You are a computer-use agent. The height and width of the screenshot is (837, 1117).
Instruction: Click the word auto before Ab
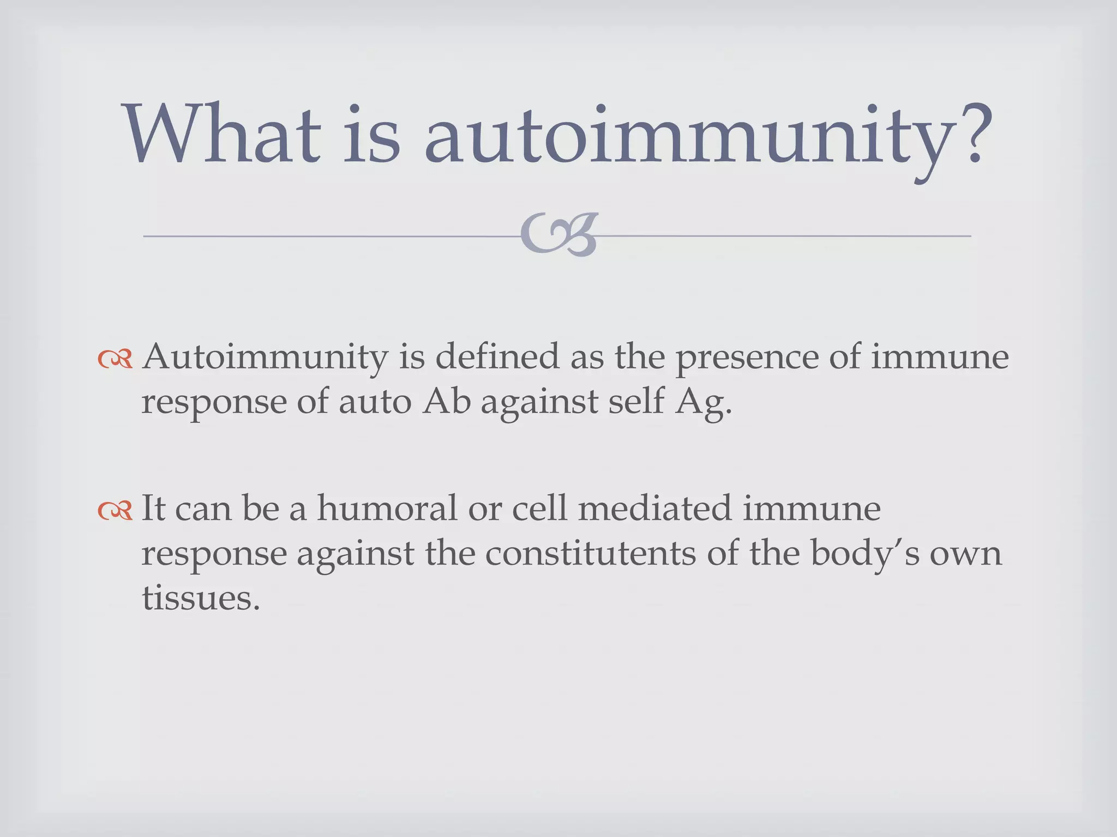(375, 403)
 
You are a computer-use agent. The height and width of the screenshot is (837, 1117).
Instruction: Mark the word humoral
(387, 508)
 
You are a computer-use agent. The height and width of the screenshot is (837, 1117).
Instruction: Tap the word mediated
(654, 508)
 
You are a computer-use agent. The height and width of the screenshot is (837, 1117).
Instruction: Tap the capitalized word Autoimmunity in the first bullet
(265, 359)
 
